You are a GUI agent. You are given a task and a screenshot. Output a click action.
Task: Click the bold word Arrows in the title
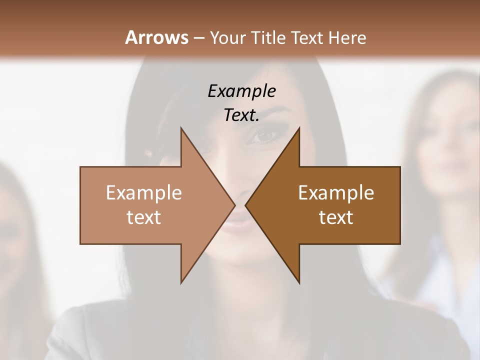click(156, 37)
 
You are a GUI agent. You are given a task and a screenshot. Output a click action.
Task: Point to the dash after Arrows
click(198, 38)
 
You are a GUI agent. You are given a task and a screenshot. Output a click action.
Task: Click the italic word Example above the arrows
click(241, 91)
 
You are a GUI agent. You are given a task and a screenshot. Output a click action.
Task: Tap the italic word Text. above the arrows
click(241, 115)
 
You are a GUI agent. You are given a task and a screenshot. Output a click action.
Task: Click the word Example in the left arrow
click(144, 192)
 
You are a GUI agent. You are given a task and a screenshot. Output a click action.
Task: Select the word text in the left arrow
click(144, 217)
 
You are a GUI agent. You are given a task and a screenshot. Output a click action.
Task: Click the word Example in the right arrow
click(336, 192)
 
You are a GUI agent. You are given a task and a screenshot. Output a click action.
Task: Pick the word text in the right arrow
click(336, 217)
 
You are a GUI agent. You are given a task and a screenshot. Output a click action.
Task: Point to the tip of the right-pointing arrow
click(235, 205)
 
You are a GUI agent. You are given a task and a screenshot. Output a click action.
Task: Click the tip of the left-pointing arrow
click(245, 205)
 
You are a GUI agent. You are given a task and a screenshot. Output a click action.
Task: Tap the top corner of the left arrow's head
click(181, 127)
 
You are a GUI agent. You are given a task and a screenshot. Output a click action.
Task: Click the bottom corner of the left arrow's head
click(181, 283)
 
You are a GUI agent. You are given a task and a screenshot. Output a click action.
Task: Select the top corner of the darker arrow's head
click(299, 127)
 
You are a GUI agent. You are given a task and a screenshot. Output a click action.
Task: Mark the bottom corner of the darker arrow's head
click(299, 283)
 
